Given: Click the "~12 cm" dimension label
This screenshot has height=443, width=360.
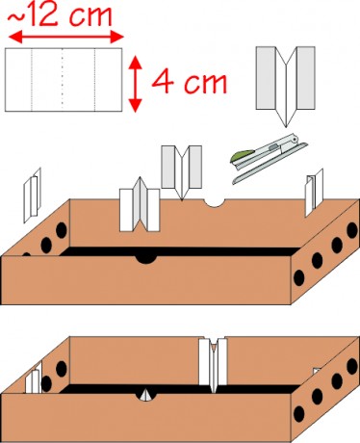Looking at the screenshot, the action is pos(60,15).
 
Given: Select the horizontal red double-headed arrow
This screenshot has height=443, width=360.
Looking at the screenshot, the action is pos(65,37).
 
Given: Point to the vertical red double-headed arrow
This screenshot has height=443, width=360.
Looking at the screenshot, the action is pos(136,84).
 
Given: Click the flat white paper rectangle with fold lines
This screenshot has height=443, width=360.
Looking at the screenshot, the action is pos(64,80).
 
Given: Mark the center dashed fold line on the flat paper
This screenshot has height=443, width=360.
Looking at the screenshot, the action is pos(63,80).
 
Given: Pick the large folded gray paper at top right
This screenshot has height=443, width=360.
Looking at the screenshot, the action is pos(285,84).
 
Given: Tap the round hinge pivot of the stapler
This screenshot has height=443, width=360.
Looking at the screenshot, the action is pos(294,139).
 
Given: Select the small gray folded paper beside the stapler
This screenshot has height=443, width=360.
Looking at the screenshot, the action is pos(182,171).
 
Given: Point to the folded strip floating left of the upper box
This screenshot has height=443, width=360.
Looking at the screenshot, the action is pos(32,195).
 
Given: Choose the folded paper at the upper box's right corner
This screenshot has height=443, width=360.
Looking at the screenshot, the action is pos(314,192).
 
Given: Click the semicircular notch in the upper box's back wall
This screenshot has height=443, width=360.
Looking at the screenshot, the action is pos(215,202).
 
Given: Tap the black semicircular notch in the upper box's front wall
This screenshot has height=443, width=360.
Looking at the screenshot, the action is pos(146,259).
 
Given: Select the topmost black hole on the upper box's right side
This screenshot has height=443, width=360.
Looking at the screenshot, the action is pos(352,230).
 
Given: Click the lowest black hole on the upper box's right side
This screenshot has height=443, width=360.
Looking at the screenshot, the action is pos(299,277).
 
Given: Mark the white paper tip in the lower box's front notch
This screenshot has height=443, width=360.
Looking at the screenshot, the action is pos(146,395).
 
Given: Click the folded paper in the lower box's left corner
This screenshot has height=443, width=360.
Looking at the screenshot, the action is pos(34,378).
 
